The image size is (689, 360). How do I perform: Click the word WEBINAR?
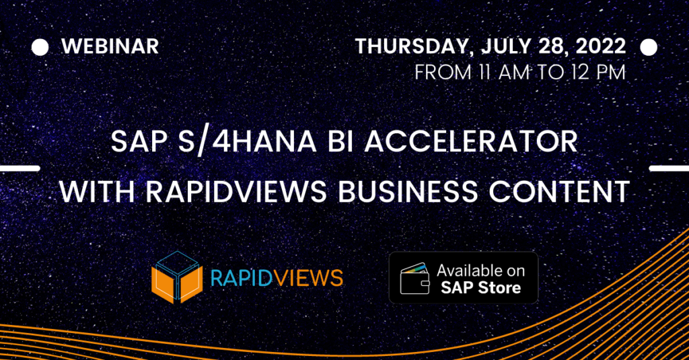(110, 46)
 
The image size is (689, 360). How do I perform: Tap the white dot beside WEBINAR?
(40, 48)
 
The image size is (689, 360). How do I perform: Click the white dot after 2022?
(649, 48)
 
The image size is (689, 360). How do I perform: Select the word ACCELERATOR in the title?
(471, 141)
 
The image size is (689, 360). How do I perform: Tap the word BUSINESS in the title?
(408, 191)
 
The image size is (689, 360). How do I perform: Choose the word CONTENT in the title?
(559, 191)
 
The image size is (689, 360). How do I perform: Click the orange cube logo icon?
(177, 277)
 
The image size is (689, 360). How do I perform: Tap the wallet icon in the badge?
(414, 278)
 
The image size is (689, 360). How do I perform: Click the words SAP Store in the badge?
(480, 288)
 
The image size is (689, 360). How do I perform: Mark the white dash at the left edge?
(20, 168)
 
